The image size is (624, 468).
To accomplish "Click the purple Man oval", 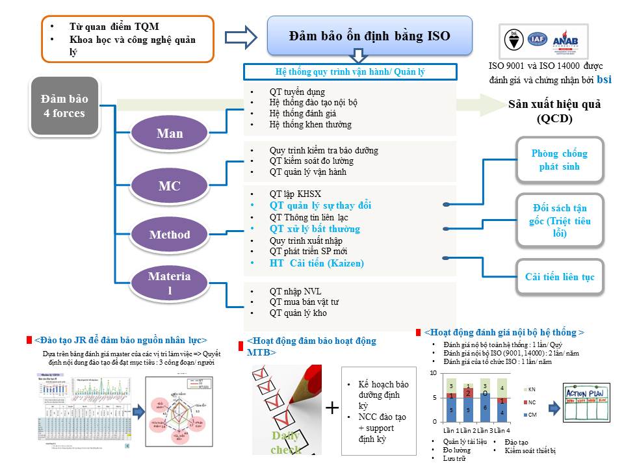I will [170, 134].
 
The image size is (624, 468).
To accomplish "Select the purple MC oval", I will [170, 187].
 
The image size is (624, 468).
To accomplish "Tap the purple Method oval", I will [170, 235].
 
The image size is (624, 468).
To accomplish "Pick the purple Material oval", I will [170, 284].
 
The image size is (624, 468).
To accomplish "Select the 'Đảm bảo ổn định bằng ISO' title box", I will [369, 36].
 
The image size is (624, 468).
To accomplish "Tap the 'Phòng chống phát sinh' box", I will [559, 160].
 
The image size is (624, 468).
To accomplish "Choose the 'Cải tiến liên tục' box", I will [559, 277].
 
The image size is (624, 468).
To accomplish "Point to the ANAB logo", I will [565, 40].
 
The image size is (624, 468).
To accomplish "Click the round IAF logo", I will [537, 39].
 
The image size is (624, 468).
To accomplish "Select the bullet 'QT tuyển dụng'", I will [297, 92].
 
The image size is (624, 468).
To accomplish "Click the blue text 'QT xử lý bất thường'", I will [315, 229].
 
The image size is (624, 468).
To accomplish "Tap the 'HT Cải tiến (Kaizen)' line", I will [317, 263].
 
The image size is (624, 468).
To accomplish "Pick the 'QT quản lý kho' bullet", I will [298, 313].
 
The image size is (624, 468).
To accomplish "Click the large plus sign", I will [332, 408].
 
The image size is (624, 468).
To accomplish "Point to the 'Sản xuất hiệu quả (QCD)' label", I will [554, 110].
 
